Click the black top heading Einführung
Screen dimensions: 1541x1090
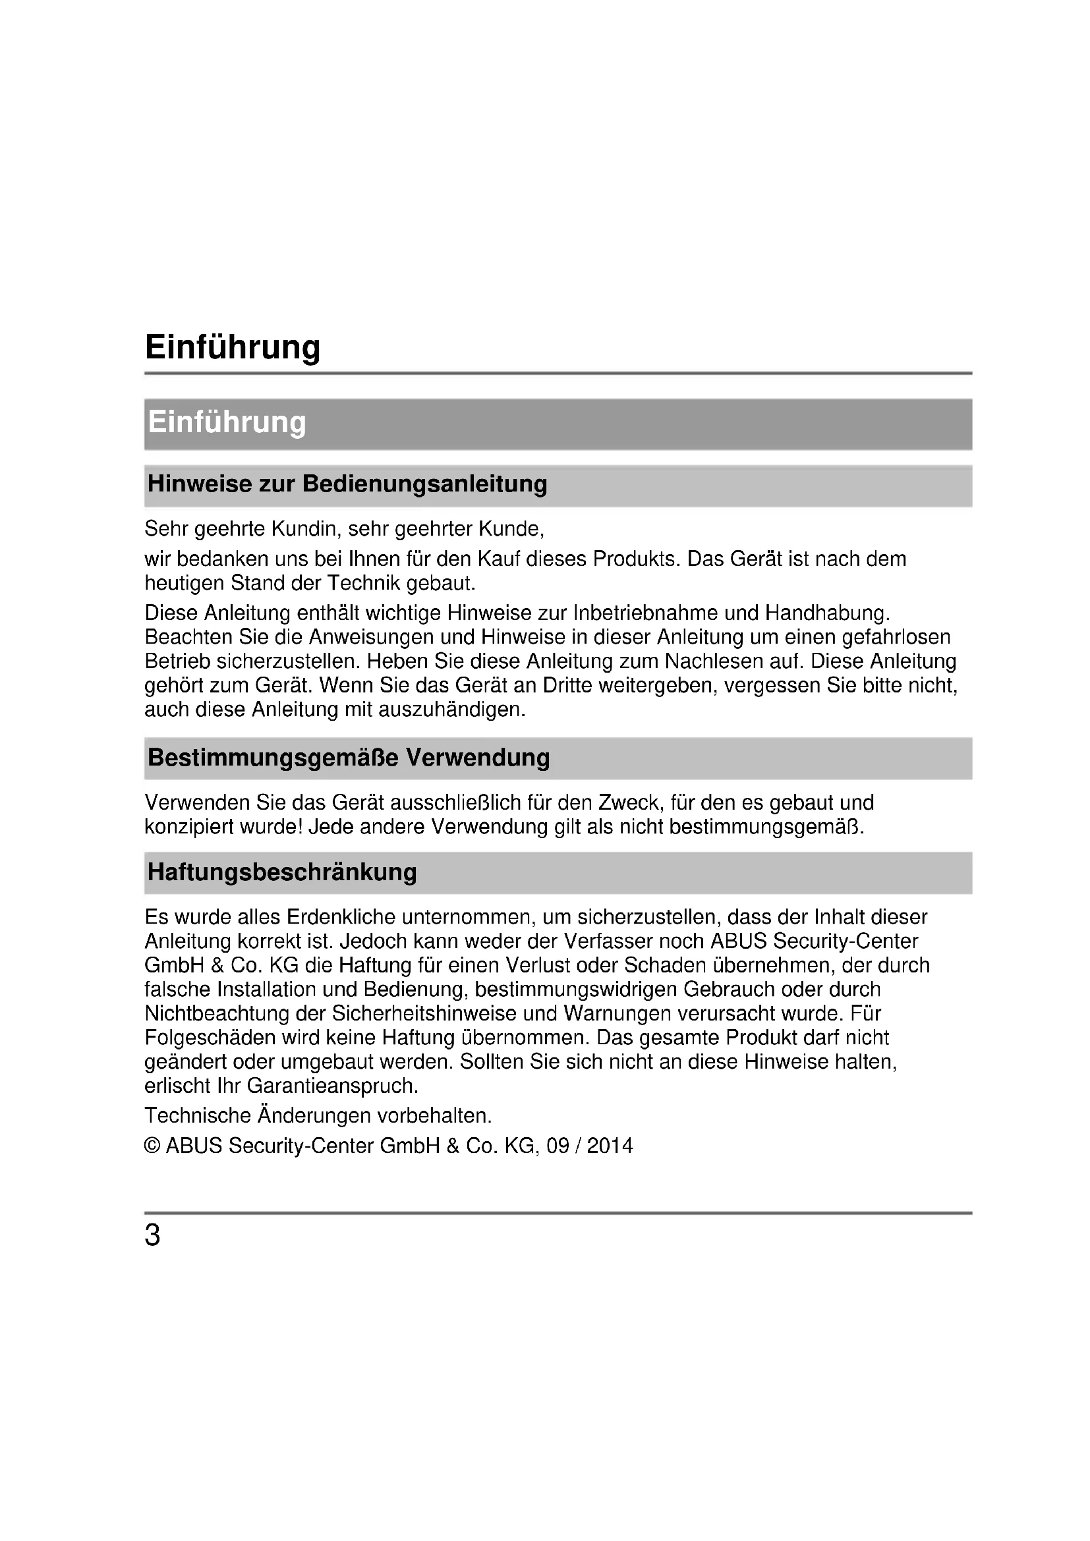point(232,348)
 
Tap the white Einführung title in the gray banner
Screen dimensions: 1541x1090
point(227,422)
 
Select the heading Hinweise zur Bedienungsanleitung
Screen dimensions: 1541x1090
point(347,484)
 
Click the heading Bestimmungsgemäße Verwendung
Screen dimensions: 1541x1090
point(349,757)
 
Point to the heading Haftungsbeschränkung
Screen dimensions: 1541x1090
point(282,872)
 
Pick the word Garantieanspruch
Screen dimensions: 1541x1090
point(333,1086)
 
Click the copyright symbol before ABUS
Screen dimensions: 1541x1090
point(152,1146)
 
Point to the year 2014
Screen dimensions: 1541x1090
point(610,1146)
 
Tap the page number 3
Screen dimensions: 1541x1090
point(153,1235)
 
